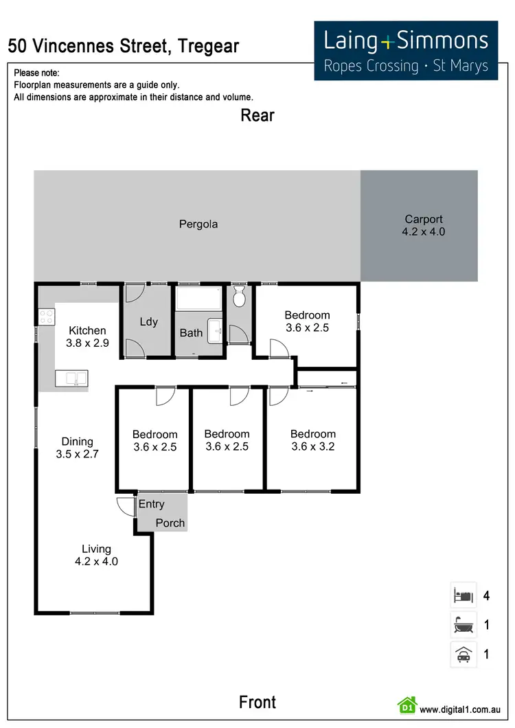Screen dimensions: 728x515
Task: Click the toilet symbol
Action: point(240,297)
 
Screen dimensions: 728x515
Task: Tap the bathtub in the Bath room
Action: point(198,299)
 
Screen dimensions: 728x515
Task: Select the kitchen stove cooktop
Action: point(47,317)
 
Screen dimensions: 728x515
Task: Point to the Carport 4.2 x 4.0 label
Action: point(423,226)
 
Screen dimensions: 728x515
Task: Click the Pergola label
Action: point(198,224)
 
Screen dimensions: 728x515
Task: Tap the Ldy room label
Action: point(148,321)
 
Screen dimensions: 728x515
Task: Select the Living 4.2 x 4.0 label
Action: point(96,555)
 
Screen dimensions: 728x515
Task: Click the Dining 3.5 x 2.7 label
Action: point(77,448)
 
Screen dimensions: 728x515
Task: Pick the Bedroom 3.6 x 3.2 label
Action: point(312,440)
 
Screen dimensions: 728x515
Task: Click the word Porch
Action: point(170,523)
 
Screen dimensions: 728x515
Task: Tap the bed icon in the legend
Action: point(462,595)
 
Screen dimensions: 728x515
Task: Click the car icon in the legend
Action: point(462,654)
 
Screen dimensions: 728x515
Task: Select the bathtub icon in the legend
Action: point(462,624)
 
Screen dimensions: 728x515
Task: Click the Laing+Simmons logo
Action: point(406,50)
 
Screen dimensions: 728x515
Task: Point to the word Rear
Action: point(257,115)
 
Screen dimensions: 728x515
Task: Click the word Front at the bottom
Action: point(257,702)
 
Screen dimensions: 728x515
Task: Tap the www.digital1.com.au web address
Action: point(459,709)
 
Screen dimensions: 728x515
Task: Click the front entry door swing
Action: point(125,507)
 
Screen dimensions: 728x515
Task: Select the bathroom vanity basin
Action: point(215,331)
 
